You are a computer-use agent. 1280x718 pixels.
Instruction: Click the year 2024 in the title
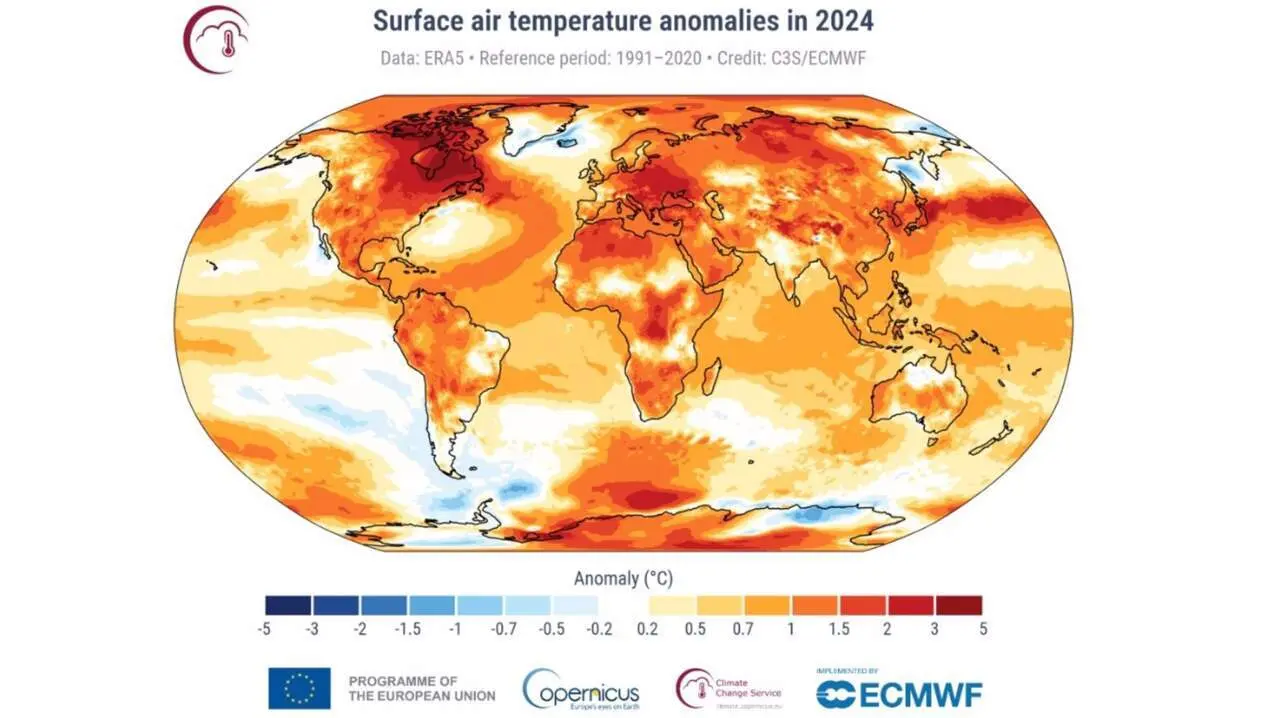841,20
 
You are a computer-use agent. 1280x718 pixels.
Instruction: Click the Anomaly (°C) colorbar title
623,578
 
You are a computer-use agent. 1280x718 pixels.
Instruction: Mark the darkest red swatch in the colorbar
958,605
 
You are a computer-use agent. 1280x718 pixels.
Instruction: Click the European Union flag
299,688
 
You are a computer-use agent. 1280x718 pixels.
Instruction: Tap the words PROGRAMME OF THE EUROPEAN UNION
421,688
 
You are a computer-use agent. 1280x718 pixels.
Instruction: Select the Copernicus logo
581,688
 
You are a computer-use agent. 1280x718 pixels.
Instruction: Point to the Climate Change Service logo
728,688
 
